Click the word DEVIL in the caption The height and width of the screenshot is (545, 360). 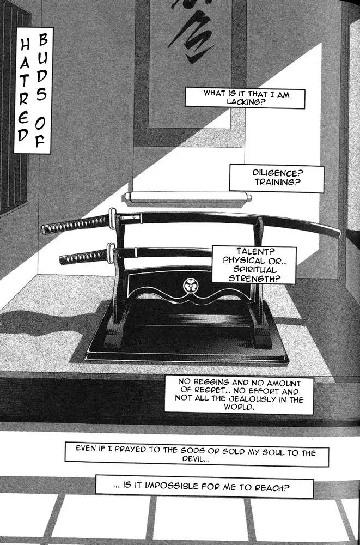[x=196, y=460]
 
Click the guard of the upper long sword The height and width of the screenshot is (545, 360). [x=113, y=218]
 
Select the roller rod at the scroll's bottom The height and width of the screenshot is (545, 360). [x=188, y=197]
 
